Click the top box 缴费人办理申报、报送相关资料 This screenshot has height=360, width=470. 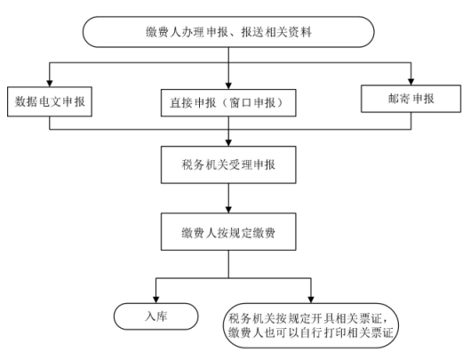point(228,32)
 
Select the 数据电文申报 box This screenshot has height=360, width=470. point(50,101)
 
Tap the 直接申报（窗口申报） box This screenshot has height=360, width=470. point(228,103)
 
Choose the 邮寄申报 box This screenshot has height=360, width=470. point(411,99)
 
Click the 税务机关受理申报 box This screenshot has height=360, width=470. point(228,164)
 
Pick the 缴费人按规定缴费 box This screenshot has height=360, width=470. point(228,232)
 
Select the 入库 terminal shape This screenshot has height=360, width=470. point(155,316)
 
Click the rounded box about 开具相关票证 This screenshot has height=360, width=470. point(311,325)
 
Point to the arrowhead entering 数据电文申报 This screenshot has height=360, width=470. point(50,84)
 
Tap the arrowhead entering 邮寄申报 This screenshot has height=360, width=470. point(411,82)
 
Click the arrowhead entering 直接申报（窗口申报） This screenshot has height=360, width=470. point(228,85)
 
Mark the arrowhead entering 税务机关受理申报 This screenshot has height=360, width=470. point(228,143)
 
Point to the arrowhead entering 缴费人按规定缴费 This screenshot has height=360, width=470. point(228,210)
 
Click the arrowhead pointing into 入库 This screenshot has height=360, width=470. point(155,300)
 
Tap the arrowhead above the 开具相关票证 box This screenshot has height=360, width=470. point(311,300)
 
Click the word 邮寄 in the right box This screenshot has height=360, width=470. point(399,99)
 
